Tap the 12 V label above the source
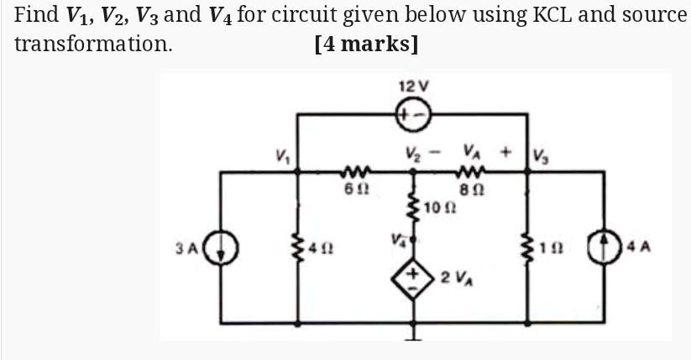(x=414, y=86)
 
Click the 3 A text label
(x=187, y=249)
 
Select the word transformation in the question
(x=94, y=44)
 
